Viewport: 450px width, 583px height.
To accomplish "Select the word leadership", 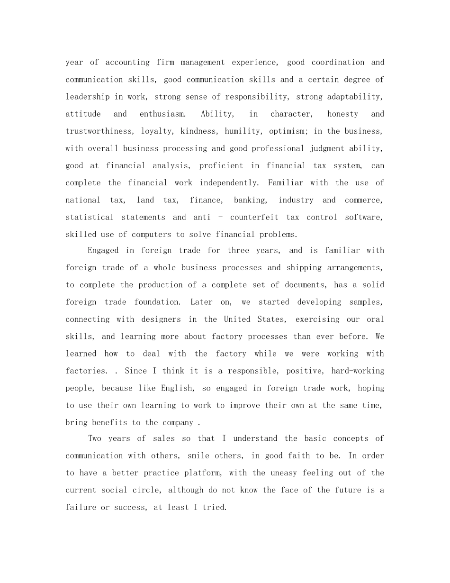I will click(88, 97).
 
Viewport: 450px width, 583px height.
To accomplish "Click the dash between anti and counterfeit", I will click(220, 218).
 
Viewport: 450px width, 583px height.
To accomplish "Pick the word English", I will click(177, 388).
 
